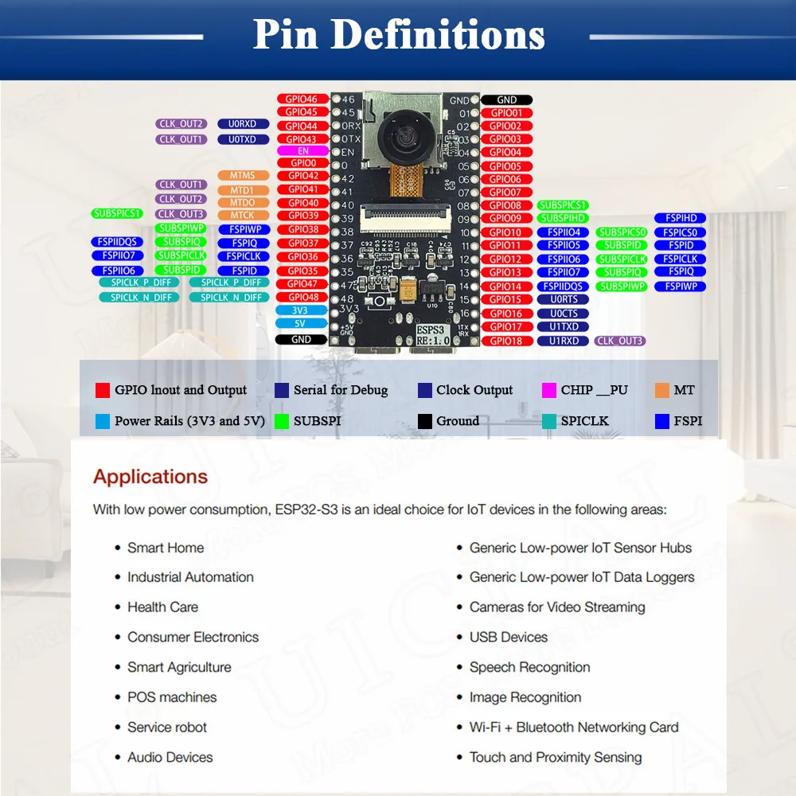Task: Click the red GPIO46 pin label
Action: coord(302,99)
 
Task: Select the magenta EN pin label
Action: coord(302,150)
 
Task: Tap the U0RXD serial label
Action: coord(242,124)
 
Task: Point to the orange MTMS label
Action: coord(242,176)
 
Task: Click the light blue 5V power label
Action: coord(300,324)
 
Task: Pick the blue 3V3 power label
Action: coord(300,310)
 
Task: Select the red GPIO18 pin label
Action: coord(505,341)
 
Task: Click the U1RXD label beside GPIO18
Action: coord(564,341)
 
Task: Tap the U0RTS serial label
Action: coord(564,300)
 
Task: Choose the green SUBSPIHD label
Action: coord(563,218)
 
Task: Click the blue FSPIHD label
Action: coord(681,218)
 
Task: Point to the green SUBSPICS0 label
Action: coord(622,232)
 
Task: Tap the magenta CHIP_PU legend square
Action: coord(549,390)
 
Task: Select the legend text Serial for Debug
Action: coord(341,390)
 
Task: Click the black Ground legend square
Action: coord(424,421)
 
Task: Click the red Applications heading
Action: coord(150,477)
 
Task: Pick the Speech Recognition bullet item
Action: coord(530,667)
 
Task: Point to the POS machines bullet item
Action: coord(172,697)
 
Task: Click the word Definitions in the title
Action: coord(438,35)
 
